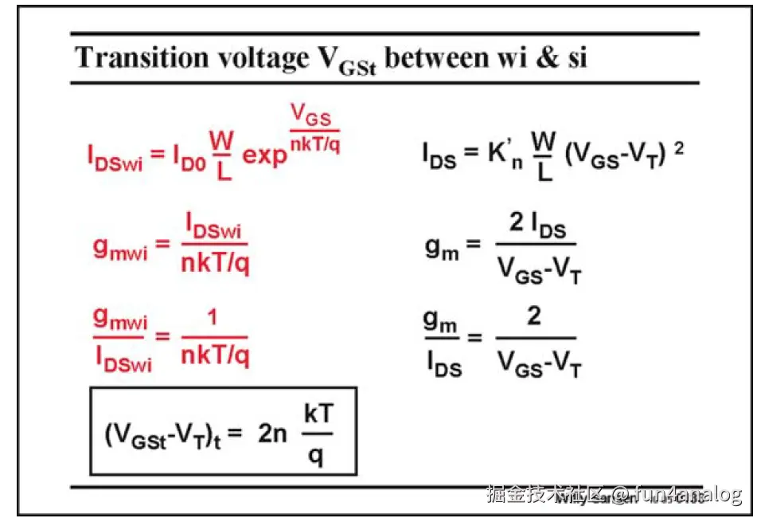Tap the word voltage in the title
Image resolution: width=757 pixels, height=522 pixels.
click(257, 57)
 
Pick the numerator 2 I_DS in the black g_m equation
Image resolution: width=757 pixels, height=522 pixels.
click(538, 227)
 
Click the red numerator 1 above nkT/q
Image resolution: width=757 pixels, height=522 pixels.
click(214, 320)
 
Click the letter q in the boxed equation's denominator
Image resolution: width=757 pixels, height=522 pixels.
click(316, 457)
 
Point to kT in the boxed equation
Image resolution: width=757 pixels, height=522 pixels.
click(317, 415)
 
